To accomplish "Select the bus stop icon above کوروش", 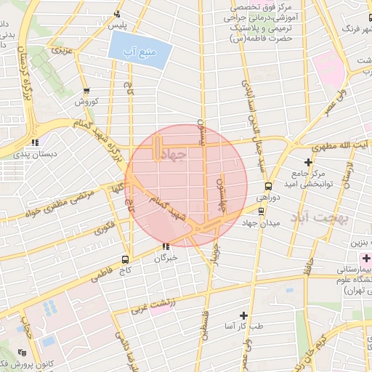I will click(x=87, y=91).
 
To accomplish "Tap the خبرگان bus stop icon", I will click(x=166, y=246).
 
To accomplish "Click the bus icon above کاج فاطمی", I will click(x=126, y=259).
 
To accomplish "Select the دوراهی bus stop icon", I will click(x=268, y=186).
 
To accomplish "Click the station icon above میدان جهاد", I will click(x=262, y=211).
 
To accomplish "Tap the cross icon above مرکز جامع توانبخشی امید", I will click(x=309, y=161).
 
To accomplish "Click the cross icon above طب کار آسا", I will click(x=243, y=315).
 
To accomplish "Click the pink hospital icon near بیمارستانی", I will click(x=365, y=259).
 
